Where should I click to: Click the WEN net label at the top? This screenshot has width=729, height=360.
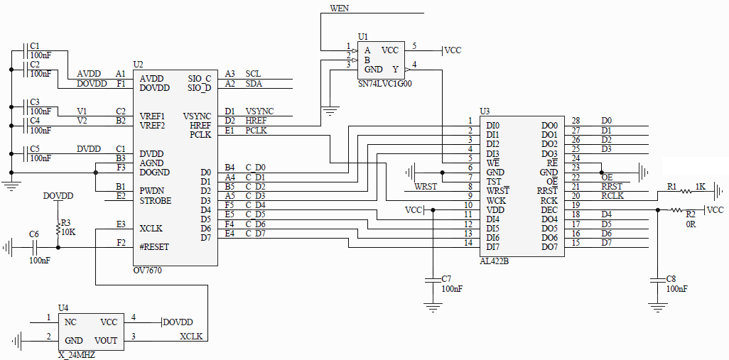[340, 9]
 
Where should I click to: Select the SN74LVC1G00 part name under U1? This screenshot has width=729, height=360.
[384, 84]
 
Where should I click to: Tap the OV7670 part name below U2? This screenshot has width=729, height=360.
[147, 271]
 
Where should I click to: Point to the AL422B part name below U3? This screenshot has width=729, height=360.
[494, 261]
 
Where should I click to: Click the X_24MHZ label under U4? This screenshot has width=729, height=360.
[77, 355]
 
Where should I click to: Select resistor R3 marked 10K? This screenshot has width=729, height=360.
[58, 229]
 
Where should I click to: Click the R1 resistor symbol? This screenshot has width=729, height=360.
[686, 191]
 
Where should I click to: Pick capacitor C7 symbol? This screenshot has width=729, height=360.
[433, 280]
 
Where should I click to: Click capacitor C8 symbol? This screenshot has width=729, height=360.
[657, 280]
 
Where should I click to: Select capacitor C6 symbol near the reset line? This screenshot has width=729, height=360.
[34, 248]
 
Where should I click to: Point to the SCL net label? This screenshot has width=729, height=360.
[253, 74]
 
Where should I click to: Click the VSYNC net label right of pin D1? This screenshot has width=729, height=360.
[259, 111]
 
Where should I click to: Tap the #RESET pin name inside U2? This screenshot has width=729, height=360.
[154, 247]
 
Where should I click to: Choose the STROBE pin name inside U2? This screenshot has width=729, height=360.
[156, 201]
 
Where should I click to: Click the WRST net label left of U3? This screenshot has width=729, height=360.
[426, 187]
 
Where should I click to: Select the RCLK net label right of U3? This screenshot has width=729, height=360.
[612, 195]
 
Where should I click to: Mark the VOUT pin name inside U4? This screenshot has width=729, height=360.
[106, 341]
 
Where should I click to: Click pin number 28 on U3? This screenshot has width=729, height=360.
[576, 121]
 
